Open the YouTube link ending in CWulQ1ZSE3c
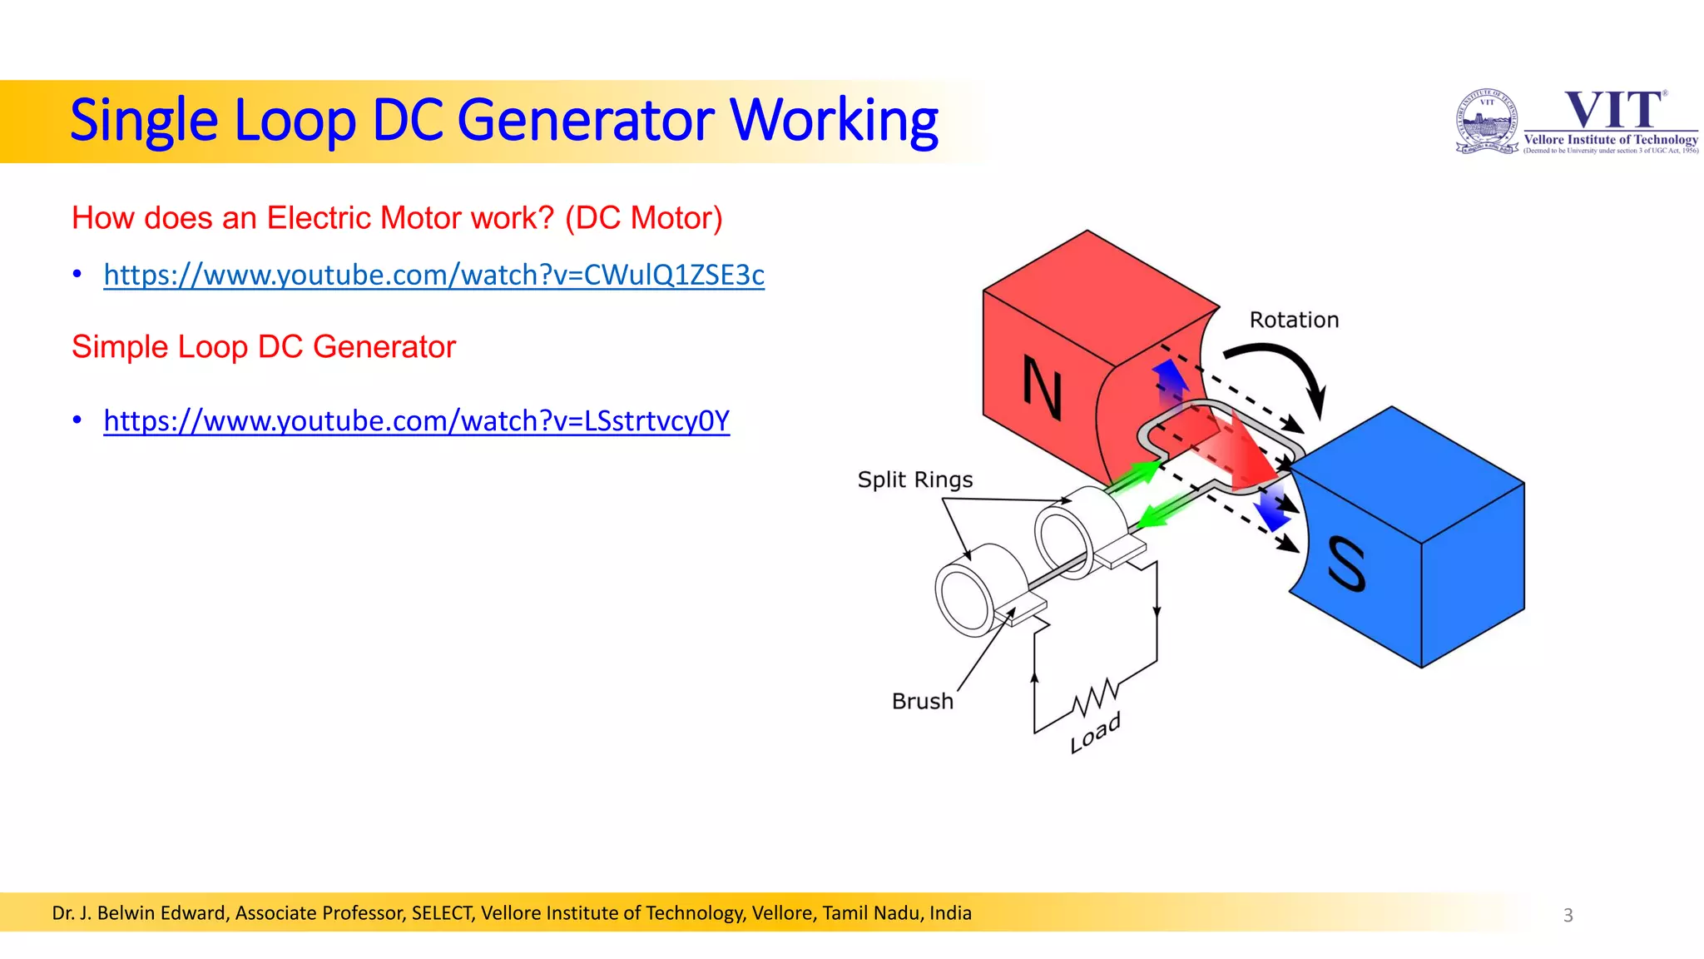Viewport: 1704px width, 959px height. tap(433, 275)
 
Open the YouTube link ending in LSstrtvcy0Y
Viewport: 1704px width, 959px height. tap(416, 421)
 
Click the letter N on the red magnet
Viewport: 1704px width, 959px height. tap(1042, 388)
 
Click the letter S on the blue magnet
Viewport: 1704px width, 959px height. tap(1345, 564)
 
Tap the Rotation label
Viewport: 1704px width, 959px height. tap(1294, 320)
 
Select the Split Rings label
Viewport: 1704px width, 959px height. tap(914, 480)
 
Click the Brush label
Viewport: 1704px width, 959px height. tap(922, 702)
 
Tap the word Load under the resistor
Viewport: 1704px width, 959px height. tap(1095, 733)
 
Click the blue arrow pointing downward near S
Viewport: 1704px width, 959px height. tap(1271, 509)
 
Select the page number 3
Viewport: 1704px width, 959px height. tap(1568, 915)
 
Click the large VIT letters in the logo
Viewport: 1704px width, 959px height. tap(1612, 111)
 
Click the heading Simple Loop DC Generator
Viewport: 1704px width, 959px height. tap(263, 347)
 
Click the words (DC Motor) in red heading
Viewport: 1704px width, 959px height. tap(643, 218)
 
